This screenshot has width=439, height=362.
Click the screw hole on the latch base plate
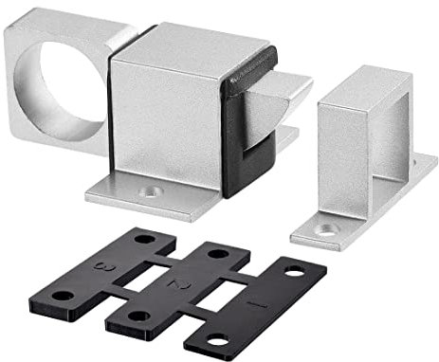tap(148, 191)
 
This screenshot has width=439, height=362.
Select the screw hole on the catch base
tap(325, 227)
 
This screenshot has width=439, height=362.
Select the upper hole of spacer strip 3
tap(142, 239)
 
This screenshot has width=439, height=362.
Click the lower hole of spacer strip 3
tap(63, 296)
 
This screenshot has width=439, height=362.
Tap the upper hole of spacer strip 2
tap(218, 254)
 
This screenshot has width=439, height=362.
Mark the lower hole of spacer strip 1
tap(217, 339)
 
